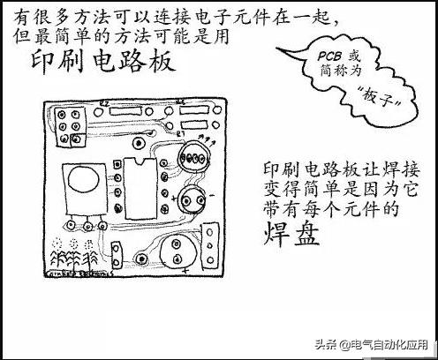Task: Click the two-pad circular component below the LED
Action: click(x=192, y=201)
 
